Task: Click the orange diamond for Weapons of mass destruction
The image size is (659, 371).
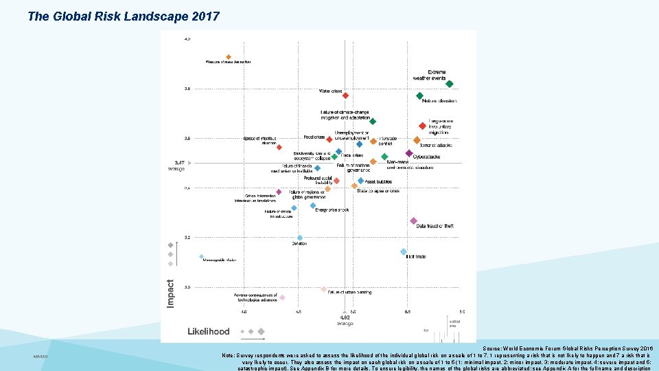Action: (x=229, y=57)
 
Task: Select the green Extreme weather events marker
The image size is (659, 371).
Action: (x=450, y=85)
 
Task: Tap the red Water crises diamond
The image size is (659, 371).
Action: (x=346, y=96)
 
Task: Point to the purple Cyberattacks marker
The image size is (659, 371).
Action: (x=409, y=153)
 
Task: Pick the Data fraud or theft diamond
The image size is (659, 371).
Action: (x=413, y=221)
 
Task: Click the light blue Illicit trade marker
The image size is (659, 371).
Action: (x=404, y=252)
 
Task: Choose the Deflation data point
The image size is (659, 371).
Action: (x=299, y=238)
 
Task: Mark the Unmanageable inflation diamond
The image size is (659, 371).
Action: (x=202, y=257)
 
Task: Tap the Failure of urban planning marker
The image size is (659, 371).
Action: (x=324, y=289)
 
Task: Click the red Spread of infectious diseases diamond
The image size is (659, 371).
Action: (x=279, y=147)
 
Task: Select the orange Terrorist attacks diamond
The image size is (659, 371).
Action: (x=417, y=140)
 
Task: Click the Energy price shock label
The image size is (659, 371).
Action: (x=332, y=210)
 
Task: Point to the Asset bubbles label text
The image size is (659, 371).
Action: (x=378, y=182)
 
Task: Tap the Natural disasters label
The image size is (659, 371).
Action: (x=444, y=101)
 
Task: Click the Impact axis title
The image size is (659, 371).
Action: (x=171, y=292)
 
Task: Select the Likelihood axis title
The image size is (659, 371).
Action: (x=209, y=331)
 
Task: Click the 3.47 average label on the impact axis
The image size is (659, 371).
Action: (x=178, y=163)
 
